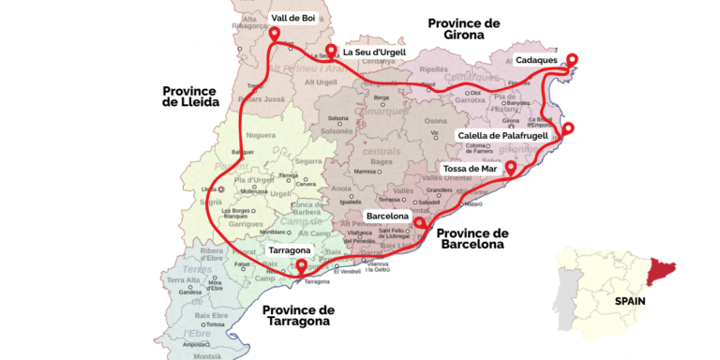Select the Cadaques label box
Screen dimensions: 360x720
coord(536,60)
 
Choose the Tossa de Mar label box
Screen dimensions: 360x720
coord(471,169)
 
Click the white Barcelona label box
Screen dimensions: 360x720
coord(387,216)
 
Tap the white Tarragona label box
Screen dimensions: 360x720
coord(290,251)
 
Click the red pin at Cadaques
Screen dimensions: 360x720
coord(571,59)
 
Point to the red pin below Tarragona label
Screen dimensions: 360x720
coord(300,267)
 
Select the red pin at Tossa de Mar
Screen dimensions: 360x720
coord(511,168)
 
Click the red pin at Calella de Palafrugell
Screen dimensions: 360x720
coord(567,128)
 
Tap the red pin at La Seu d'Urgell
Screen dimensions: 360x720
coord(330,51)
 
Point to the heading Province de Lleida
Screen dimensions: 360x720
coord(190,97)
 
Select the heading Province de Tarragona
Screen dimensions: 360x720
coord(297,315)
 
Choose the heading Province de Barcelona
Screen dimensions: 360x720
coord(472,238)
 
